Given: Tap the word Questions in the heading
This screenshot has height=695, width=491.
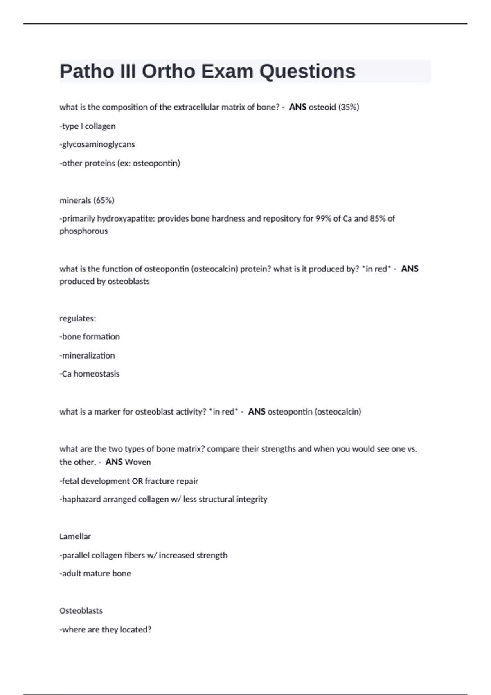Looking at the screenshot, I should click(307, 72).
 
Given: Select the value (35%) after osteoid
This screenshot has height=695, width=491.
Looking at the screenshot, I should click(348, 107).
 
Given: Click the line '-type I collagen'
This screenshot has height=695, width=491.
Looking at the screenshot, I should click(88, 126).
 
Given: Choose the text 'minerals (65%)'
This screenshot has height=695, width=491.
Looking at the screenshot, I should click(87, 200).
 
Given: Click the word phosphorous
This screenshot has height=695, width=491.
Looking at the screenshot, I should click(83, 231).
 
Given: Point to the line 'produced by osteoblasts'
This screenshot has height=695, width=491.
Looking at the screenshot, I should click(104, 281).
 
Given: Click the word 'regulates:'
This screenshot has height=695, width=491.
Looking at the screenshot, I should click(78, 318).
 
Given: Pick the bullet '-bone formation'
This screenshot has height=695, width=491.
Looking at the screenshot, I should click(90, 337).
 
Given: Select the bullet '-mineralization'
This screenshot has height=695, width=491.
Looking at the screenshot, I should click(87, 356).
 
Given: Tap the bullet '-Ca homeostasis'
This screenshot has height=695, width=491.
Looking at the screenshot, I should click(90, 374).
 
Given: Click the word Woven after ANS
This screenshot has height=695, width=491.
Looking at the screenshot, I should click(137, 462).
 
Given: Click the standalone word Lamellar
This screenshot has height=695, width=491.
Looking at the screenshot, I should click(75, 536).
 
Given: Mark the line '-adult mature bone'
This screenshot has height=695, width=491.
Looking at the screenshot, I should click(95, 574).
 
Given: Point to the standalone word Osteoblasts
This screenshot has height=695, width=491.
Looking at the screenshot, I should click(81, 611).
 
